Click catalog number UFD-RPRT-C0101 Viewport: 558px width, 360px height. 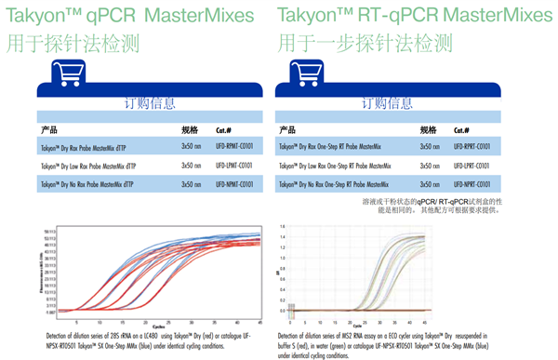[x=475, y=147]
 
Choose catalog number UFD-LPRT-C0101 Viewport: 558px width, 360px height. [x=474, y=166]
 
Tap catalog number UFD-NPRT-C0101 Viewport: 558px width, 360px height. [x=475, y=184]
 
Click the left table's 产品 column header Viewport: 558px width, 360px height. [x=52, y=129]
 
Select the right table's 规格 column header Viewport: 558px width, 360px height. [x=429, y=129]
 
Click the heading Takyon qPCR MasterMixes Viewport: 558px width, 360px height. [x=129, y=16]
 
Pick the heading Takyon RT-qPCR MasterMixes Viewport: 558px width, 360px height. [x=401, y=16]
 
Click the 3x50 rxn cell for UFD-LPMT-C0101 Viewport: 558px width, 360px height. [x=191, y=166]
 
